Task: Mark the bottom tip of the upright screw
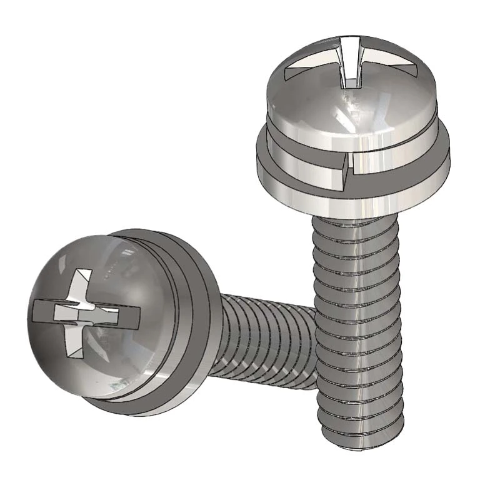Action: click(359, 431)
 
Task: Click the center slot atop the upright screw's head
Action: click(350, 59)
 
